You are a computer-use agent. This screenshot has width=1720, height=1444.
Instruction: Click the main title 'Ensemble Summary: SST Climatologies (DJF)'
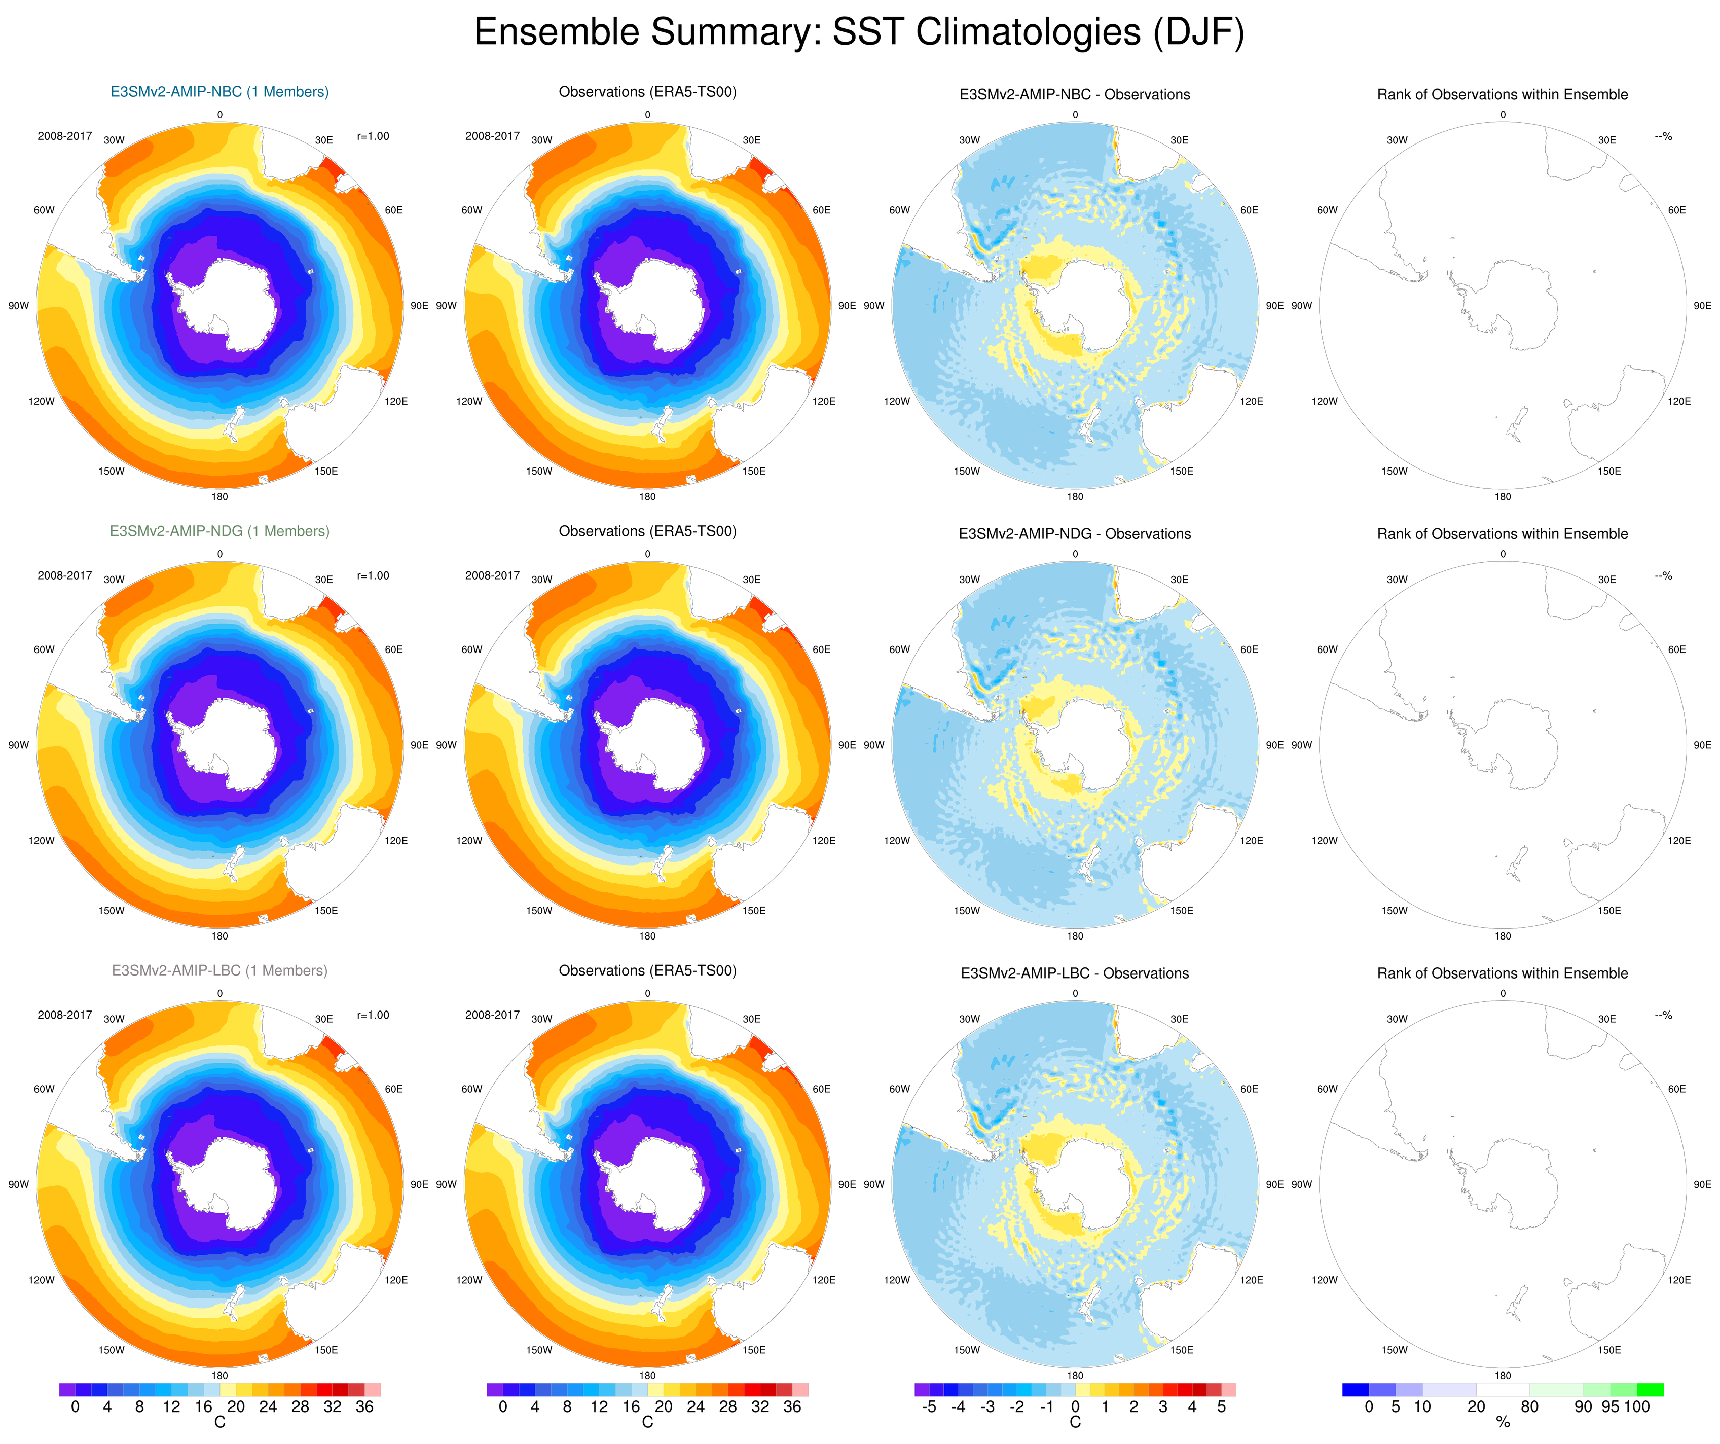pos(859,33)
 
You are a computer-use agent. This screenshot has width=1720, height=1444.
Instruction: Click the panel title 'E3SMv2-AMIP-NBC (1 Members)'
pos(219,92)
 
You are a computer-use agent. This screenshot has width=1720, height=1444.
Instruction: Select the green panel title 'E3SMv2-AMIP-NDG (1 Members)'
pos(219,531)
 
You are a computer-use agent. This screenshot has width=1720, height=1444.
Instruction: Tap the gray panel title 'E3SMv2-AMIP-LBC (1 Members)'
pos(219,970)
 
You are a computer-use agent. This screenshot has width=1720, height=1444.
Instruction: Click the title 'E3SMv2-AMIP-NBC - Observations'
pos(1075,94)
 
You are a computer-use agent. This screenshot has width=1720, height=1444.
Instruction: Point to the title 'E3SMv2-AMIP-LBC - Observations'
pos(1075,973)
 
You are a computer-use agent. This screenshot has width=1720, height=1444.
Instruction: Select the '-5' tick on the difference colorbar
pos(929,1407)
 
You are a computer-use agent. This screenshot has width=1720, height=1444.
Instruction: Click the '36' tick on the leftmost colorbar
pos(364,1407)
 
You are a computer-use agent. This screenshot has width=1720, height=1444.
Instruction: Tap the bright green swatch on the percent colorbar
pos(1650,1390)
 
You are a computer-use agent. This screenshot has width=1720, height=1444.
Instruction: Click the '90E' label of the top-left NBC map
pos(419,306)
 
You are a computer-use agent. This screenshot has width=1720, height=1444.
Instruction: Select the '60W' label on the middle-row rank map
pos(1327,649)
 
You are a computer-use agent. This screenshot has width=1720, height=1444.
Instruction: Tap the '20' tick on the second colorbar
pos(664,1407)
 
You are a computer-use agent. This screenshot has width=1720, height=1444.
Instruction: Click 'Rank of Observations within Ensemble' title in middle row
pos(1502,534)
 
